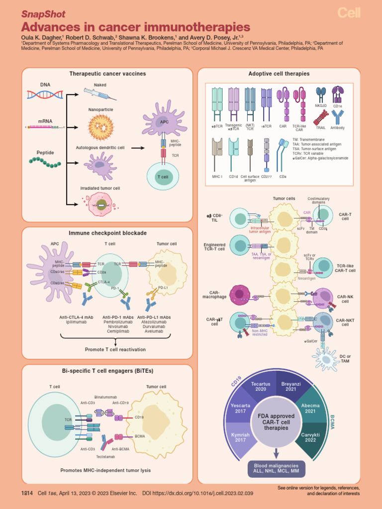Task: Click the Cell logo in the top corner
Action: point(349,13)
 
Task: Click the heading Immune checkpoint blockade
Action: point(107,233)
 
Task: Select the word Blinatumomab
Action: point(105,398)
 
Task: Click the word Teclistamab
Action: point(105,456)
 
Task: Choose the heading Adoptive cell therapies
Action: point(279,74)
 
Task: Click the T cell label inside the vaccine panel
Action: point(163,177)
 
